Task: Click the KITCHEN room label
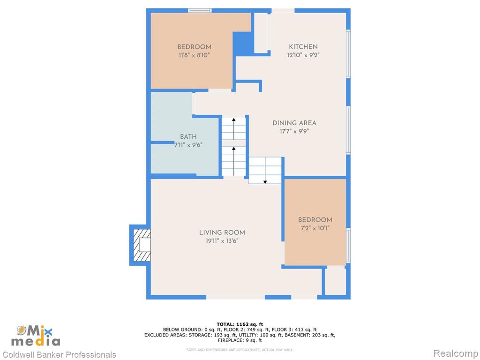[x=303, y=47]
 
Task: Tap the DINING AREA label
[x=294, y=123]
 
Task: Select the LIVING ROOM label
[x=222, y=232]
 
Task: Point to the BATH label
[x=188, y=137]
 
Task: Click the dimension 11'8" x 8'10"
[x=195, y=55]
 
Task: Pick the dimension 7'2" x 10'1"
[x=315, y=228]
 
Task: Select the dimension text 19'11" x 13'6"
[x=222, y=241]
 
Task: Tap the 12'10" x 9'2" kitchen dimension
[x=303, y=55]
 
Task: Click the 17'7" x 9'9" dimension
[x=294, y=131]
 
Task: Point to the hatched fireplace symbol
[x=142, y=245]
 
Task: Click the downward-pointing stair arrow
[x=265, y=171]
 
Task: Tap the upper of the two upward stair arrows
[x=234, y=128]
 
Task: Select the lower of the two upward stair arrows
[x=234, y=161]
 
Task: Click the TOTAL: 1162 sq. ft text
[x=240, y=324]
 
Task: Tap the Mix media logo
[x=36, y=336]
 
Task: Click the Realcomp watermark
[x=456, y=353]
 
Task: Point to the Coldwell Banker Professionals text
[x=59, y=354]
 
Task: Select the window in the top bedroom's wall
[x=200, y=10]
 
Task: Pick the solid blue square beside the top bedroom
[x=243, y=43]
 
